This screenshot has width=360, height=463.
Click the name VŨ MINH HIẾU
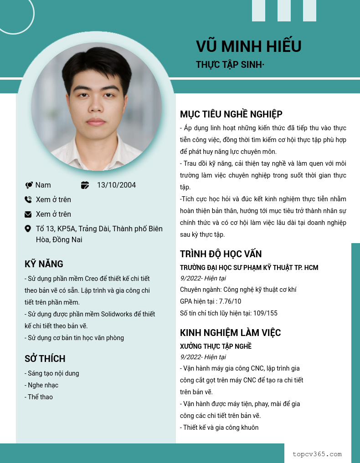click(x=248, y=46)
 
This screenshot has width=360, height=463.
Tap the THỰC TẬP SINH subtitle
click(x=230, y=65)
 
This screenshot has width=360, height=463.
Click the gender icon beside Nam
click(x=29, y=185)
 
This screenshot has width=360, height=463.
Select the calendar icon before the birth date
click(x=85, y=185)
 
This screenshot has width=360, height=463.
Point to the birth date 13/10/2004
click(x=116, y=185)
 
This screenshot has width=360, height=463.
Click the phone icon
click(x=28, y=199)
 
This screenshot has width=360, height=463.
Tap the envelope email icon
click(x=28, y=214)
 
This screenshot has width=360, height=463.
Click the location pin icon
click(x=28, y=229)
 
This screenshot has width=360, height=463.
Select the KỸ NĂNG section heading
click(x=44, y=264)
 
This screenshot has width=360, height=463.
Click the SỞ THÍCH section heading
click(x=45, y=359)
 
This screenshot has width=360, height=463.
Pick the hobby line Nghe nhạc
click(x=43, y=385)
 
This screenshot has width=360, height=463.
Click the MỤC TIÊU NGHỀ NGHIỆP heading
click(x=231, y=114)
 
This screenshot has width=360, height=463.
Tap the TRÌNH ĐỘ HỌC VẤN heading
click(x=221, y=254)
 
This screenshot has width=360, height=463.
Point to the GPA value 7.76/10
click(x=230, y=301)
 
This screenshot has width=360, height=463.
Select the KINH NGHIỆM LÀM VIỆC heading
click(x=230, y=333)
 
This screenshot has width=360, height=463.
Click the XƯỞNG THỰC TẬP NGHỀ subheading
click(x=216, y=346)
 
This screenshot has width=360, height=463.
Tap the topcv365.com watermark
click(x=317, y=454)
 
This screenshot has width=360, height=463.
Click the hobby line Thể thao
click(x=40, y=397)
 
